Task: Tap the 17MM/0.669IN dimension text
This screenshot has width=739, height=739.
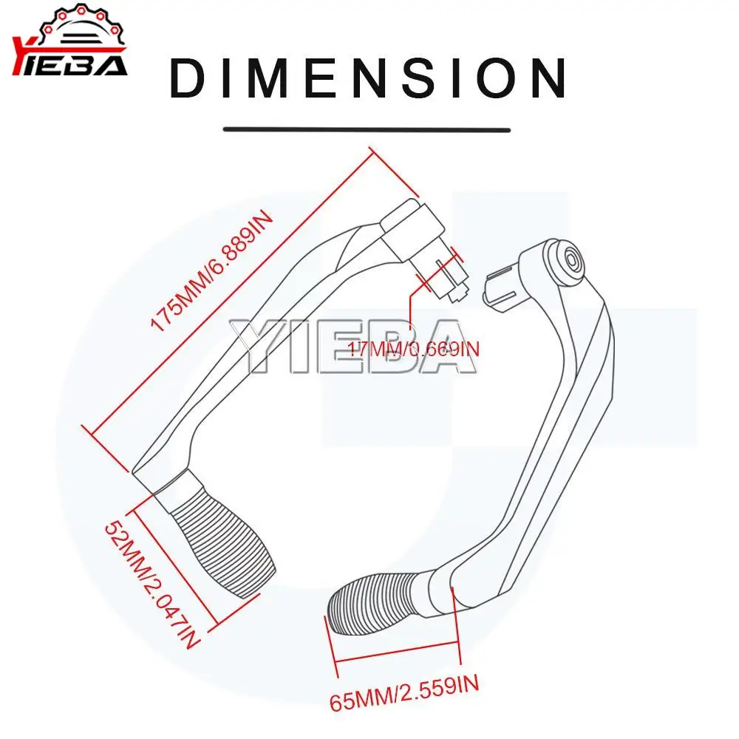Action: point(415,348)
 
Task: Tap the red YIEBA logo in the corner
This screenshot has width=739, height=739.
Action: point(70,65)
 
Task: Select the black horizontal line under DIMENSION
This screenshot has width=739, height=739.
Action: point(367,129)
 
